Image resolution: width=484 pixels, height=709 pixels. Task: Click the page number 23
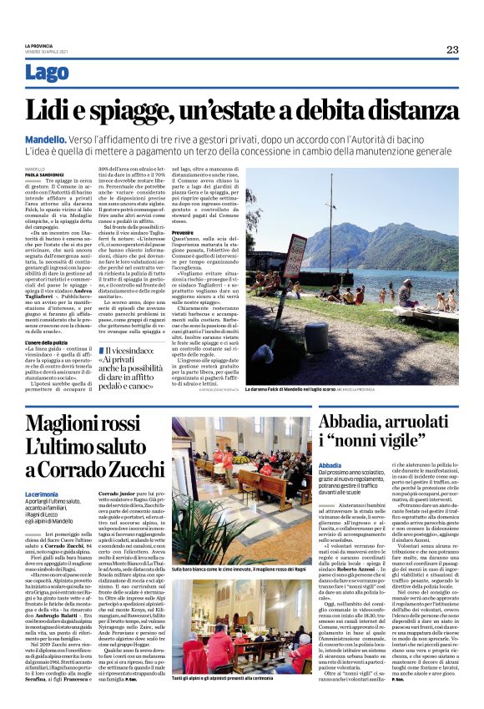451,49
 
